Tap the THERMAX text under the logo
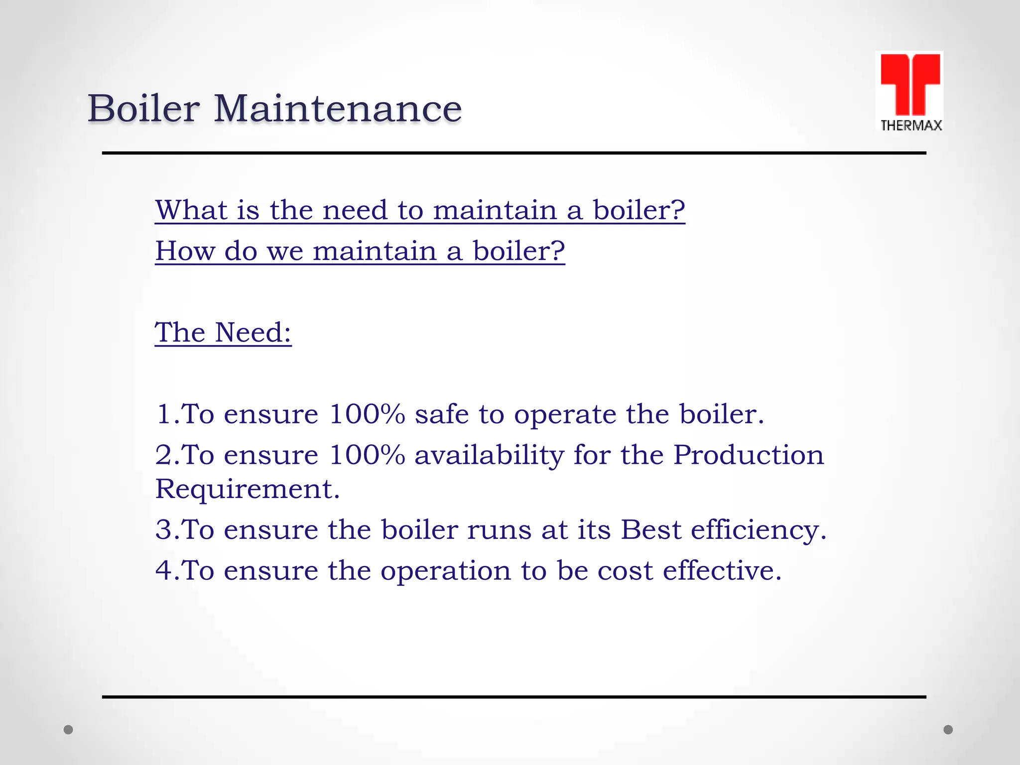tap(911, 126)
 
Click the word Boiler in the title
tap(143, 108)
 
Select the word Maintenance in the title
tap(338, 109)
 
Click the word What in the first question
tap(191, 210)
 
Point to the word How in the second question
tap(185, 251)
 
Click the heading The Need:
tap(223, 332)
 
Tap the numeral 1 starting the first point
tap(164, 414)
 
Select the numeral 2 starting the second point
tap(164, 455)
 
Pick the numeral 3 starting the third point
tap(164, 529)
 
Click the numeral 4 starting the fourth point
tap(164, 570)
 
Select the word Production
tap(749, 455)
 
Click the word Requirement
tap(247, 489)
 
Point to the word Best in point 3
tap(650, 529)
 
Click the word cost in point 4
tap(625, 571)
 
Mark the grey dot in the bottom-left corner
tap(68, 730)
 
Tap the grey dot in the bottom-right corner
tap(948, 730)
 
